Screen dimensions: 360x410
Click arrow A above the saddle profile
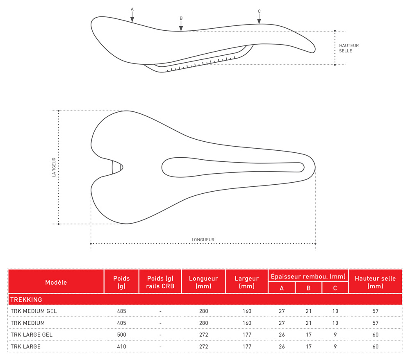(132, 16)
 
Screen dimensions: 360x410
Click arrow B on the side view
(181, 25)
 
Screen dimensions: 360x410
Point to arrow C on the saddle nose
(259, 18)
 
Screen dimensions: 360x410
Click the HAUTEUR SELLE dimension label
(348, 48)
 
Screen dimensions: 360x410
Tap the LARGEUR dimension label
(54, 167)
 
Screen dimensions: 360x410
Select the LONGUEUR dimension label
(203, 240)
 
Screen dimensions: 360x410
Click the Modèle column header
(56, 282)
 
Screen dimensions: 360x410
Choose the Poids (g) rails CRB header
(160, 282)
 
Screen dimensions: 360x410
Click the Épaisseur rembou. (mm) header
(308, 276)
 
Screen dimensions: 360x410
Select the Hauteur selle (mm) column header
(375, 282)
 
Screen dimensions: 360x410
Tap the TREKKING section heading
(26, 300)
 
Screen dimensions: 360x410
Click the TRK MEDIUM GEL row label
(34, 311)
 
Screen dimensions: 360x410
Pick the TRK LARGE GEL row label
(32, 335)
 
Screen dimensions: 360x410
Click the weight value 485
(121, 311)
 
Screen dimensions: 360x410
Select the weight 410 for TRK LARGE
(121, 346)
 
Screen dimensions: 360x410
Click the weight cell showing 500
(121, 335)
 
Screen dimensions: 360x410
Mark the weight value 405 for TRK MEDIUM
(121, 323)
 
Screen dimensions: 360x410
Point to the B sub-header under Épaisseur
(308, 288)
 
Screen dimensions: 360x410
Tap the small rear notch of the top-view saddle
(117, 167)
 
